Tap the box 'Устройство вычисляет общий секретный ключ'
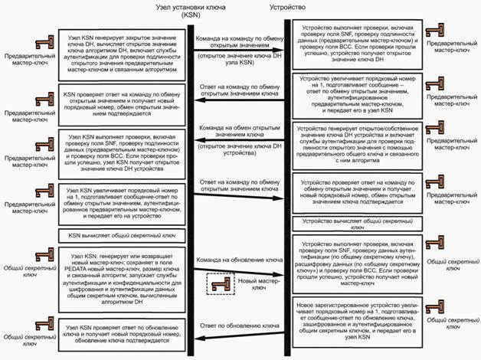(353, 223)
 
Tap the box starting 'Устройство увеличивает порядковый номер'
(353, 96)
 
